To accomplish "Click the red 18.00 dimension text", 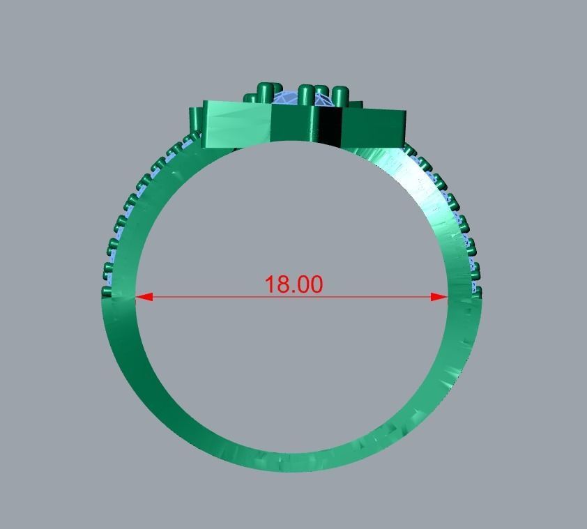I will [293, 284].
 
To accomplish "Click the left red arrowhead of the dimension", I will [143, 298].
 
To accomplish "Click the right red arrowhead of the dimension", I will [439, 298].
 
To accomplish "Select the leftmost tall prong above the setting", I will [265, 92].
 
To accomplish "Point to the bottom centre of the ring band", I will [293, 457].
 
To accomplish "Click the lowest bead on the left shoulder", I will [107, 291].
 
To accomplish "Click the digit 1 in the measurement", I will [270, 284].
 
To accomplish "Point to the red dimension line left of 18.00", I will [202, 298].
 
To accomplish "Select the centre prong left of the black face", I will [305, 96].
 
